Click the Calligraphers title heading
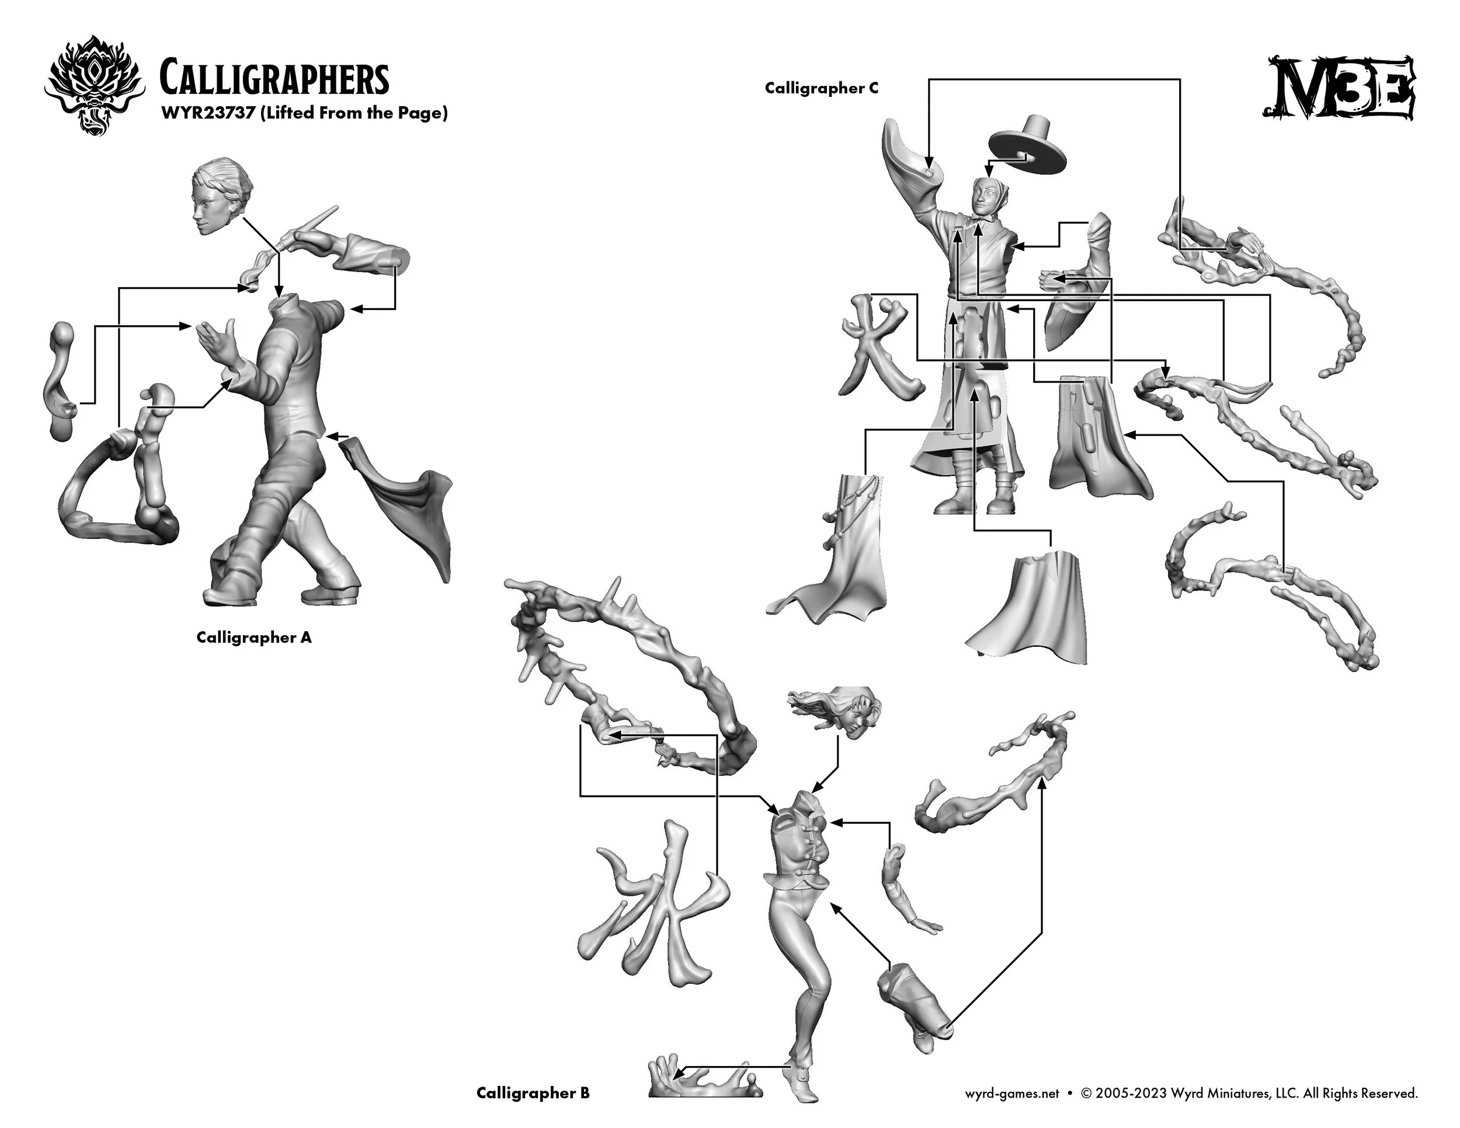[x=274, y=79]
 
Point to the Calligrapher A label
[x=254, y=638]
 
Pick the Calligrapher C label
[x=822, y=88]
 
